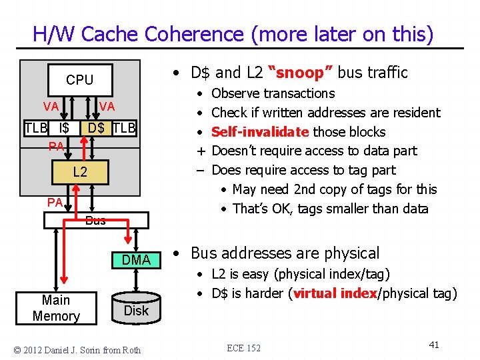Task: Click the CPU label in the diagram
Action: tap(79, 80)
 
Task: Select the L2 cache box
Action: tap(80, 173)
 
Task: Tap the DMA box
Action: tap(137, 260)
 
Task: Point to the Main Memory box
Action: tap(56, 309)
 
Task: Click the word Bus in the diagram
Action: tap(95, 221)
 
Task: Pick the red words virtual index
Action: tap(335, 293)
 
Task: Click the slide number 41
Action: tap(434, 345)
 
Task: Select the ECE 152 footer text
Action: tap(243, 348)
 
